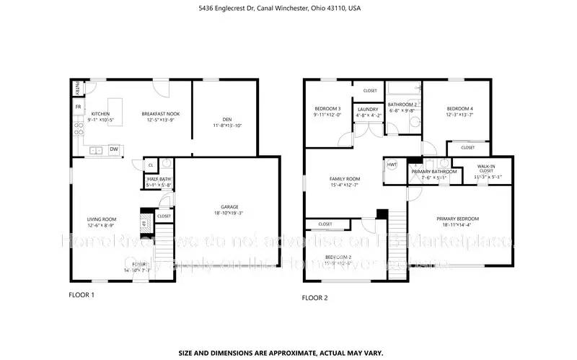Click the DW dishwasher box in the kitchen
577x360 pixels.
[x=114, y=149]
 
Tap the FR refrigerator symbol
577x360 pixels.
[x=78, y=107]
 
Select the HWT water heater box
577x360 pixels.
[x=392, y=164]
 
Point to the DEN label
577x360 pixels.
[x=226, y=119]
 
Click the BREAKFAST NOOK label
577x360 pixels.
[x=159, y=114]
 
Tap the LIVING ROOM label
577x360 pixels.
[x=102, y=219]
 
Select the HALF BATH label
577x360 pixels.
[x=159, y=179]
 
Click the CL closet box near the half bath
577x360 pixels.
[x=150, y=164]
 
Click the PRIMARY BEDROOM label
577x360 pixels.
[x=457, y=219]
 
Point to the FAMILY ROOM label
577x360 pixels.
[x=345, y=178]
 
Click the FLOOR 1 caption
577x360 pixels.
[x=81, y=295]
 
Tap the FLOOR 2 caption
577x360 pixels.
[x=314, y=297]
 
